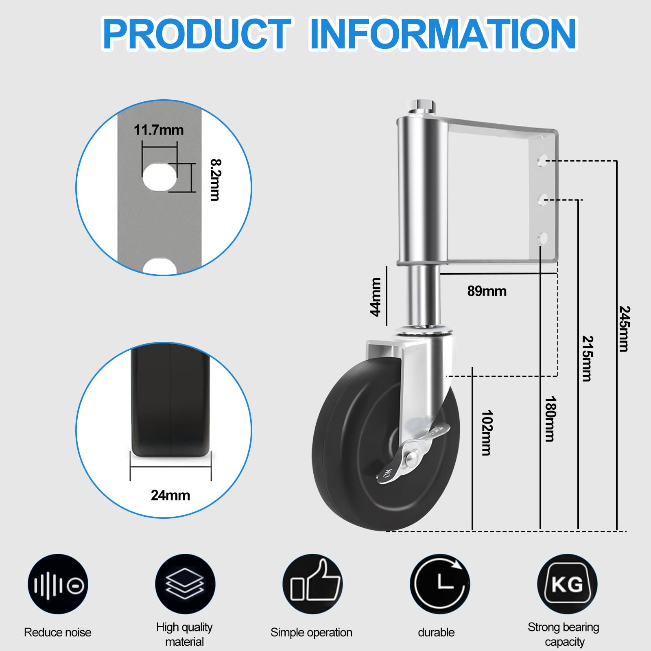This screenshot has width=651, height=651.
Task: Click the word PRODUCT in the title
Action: tap(197, 34)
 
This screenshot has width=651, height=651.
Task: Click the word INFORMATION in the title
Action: tap(443, 34)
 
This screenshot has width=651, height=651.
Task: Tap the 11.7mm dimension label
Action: tap(159, 130)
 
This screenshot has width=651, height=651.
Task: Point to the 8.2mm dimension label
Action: tap(215, 179)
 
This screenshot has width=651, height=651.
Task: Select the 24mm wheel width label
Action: tap(170, 495)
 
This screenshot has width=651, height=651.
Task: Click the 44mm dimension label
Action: tap(375, 297)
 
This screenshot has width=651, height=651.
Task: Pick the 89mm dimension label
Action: tap(487, 291)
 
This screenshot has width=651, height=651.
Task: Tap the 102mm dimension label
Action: tap(487, 433)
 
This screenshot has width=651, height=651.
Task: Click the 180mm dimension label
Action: tap(550, 419)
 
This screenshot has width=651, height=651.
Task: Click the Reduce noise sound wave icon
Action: tap(58, 584)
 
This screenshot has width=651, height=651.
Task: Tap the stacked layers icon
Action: tap(185, 584)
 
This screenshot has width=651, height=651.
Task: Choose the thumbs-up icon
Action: tap(312, 584)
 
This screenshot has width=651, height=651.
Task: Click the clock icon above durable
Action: tap(440, 584)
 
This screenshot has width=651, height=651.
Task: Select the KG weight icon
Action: tap(567, 584)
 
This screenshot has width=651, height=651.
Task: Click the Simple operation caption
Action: tap(311, 632)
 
